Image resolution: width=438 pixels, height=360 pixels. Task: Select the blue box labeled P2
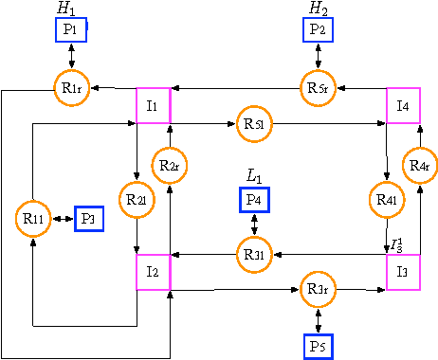pos(318,30)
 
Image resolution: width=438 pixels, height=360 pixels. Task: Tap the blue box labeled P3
pos(89,219)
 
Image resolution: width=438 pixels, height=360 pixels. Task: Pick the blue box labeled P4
pos(254,201)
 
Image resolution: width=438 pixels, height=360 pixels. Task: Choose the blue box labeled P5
pos(318,346)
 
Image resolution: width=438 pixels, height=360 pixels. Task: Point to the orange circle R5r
pos(318,88)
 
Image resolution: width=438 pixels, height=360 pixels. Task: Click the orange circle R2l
pos(137,200)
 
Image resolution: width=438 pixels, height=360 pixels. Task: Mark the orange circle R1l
pos(33,219)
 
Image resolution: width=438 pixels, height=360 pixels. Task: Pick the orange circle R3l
pos(254,253)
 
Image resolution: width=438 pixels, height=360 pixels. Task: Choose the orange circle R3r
pos(318,288)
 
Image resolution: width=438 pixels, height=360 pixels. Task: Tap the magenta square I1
pos(153,103)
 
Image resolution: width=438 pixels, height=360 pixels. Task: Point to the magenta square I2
pos(153,271)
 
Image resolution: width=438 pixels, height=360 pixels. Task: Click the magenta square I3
pos(402,271)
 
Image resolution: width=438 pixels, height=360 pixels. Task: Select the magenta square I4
pos(402,103)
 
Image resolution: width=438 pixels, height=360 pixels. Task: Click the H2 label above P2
pos(319,9)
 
